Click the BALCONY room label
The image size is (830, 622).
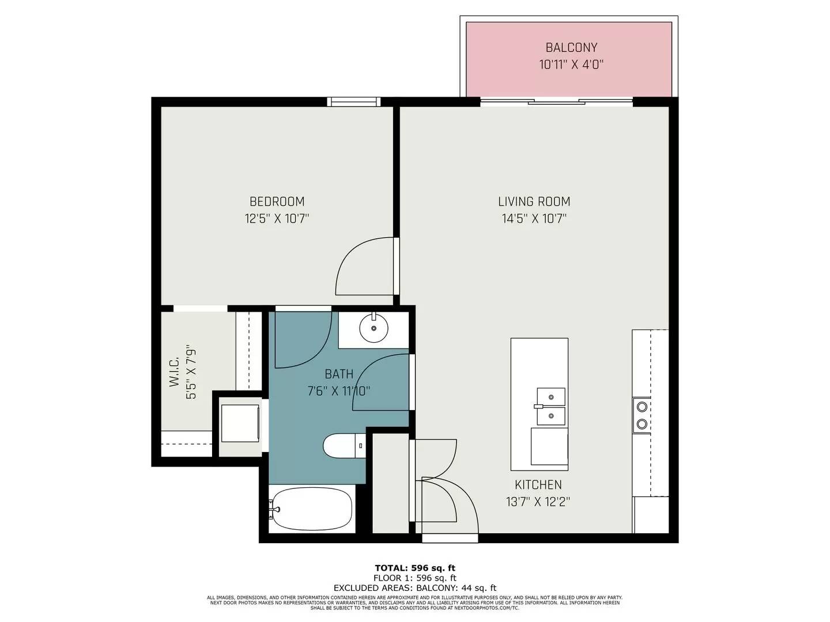[x=571, y=48]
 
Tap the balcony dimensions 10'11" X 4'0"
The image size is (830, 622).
[x=571, y=65]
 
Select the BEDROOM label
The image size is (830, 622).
[x=277, y=202]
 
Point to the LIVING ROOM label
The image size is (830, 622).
[x=534, y=202]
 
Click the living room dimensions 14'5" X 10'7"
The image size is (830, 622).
[x=534, y=218]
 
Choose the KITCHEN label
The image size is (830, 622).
[x=538, y=485]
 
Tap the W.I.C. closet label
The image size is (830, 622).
[x=175, y=371]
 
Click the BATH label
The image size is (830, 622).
[x=339, y=374]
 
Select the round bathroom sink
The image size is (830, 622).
[x=373, y=328]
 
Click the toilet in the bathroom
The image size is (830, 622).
[x=344, y=446]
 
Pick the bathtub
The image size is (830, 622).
[x=311, y=509]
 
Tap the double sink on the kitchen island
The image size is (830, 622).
[x=550, y=407]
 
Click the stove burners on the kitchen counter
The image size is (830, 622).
[x=642, y=416]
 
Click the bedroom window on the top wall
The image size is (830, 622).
[x=354, y=102]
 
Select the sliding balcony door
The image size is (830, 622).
[x=556, y=103]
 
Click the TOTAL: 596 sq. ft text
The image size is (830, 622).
[x=414, y=568]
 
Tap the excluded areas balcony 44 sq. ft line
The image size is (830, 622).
[x=414, y=588]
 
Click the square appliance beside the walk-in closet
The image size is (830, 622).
[x=240, y=423]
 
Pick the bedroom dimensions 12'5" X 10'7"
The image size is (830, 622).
[x=277, y=218]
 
